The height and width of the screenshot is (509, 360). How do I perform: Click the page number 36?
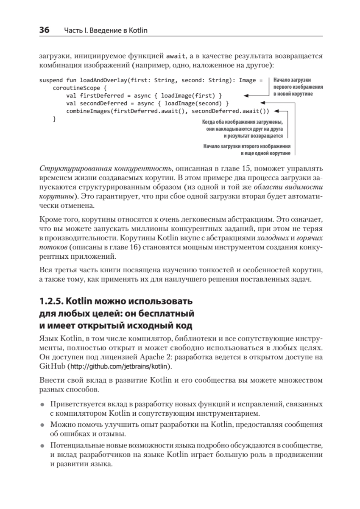click(44, 30)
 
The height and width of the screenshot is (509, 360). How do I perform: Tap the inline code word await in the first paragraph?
click(174, 56)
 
